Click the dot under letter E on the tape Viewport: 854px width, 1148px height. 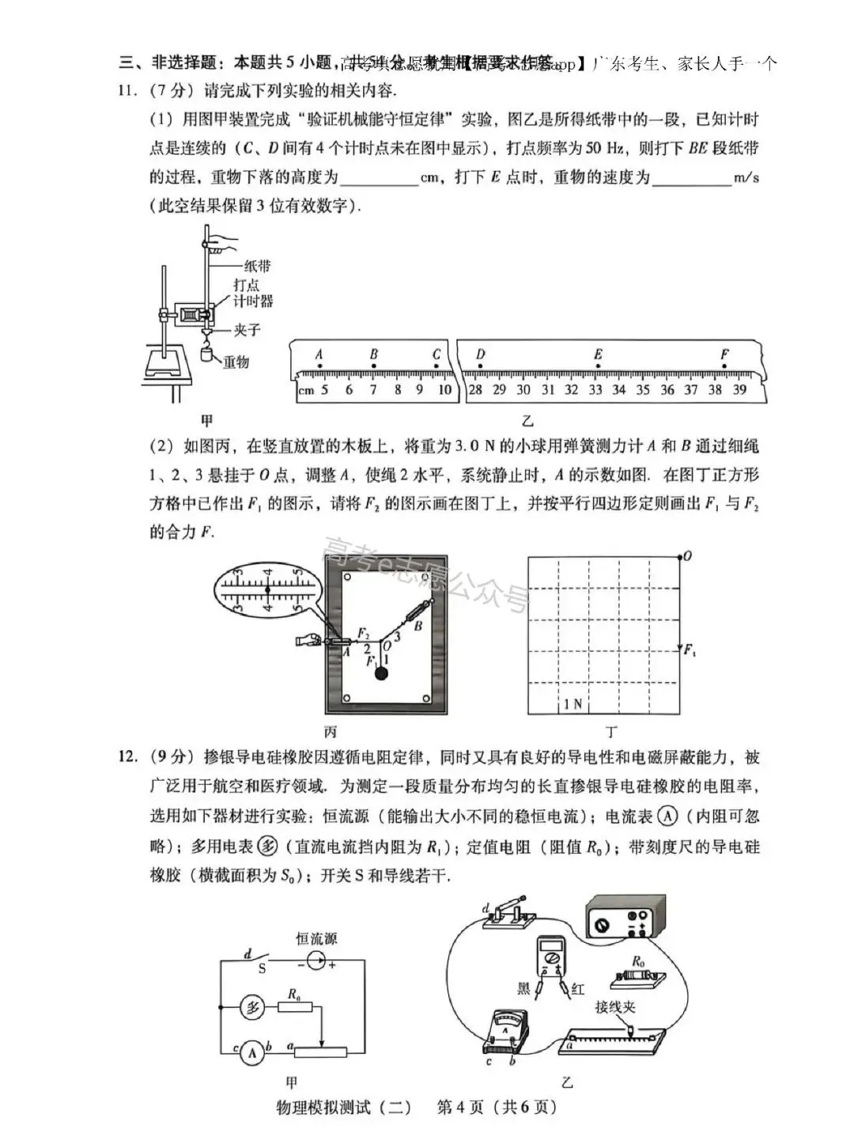click(598, 366)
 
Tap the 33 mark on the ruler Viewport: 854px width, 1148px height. click(595, 389)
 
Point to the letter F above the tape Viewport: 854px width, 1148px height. click(724, 354)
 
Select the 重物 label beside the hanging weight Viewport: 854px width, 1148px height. click(236, 362)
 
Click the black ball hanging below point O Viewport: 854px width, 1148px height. click(382, 673)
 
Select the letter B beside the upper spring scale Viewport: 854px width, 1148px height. click(418, 626)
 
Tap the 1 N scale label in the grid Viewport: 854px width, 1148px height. click(572, 703)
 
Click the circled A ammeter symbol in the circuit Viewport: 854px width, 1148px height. click(251, 1052)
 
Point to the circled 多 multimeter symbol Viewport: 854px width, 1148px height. click(251, 1008)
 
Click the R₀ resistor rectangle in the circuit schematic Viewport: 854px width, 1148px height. click(295, 1008)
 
